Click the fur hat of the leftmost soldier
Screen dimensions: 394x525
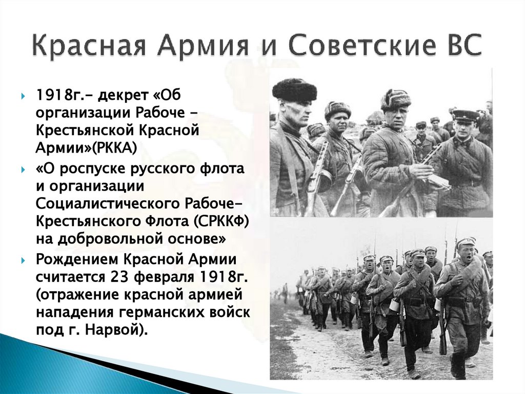[294, 89]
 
